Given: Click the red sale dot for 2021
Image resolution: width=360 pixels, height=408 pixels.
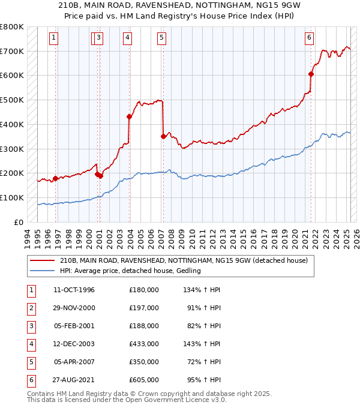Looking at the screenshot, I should click(x=311, y=74).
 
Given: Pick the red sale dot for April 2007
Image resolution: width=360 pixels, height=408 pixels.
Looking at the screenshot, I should click(x=163, y=136).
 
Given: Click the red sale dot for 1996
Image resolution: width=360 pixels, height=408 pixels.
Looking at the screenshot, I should click(x=55, y=178).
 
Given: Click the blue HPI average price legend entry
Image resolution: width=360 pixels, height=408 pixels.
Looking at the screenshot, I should click(x=129, y=271).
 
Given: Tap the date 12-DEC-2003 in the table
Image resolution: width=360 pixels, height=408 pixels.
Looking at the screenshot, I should click(x=74, y=344).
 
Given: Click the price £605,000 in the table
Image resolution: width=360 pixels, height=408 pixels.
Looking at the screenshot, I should click(x=143, y=380).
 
